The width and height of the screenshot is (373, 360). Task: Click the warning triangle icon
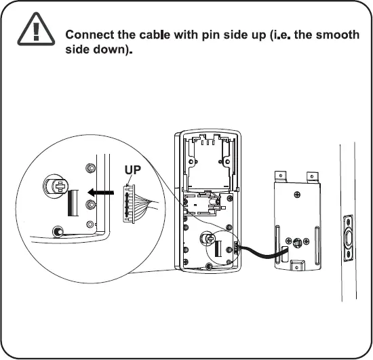[33, 31]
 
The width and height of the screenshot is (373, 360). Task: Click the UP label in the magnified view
[133, 170]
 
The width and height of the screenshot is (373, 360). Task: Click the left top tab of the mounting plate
[280, 176]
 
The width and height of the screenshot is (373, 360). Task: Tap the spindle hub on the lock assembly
[208, 239]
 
